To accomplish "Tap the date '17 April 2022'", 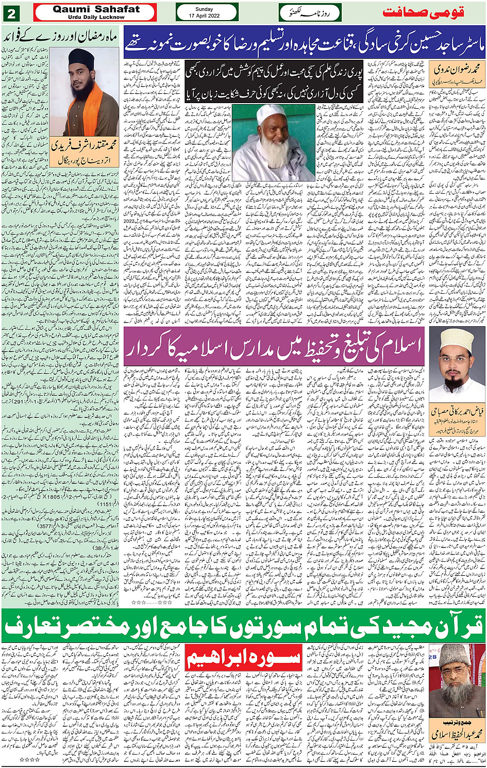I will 207,16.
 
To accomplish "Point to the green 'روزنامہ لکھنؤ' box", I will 310,12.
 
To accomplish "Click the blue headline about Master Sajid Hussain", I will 304,42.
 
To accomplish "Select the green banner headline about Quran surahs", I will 243,626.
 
